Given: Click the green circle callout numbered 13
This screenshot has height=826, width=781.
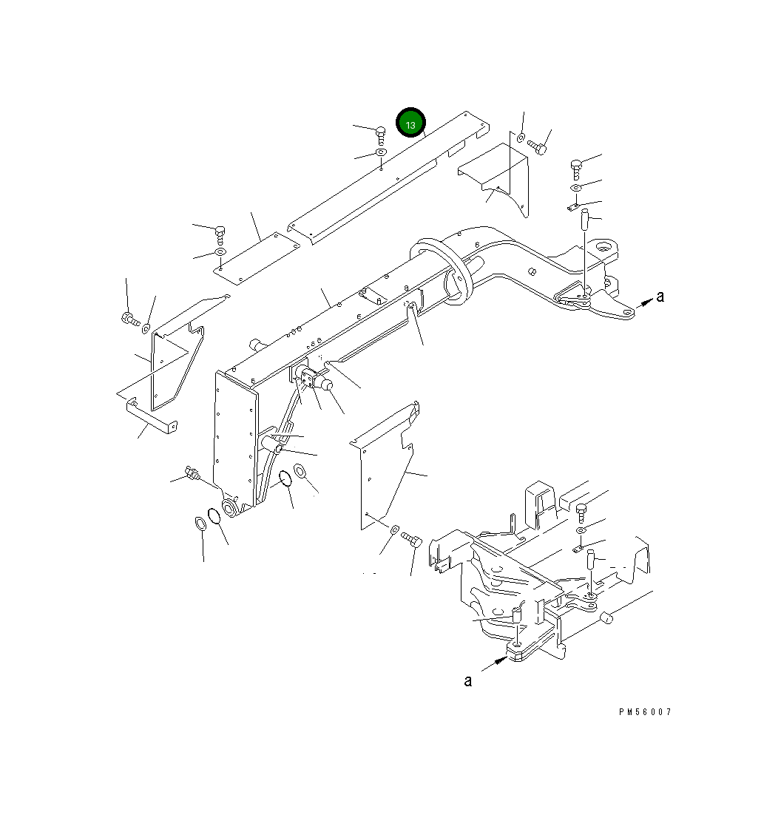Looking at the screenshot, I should pos(410,123).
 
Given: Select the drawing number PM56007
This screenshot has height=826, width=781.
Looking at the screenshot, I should pos(645,712).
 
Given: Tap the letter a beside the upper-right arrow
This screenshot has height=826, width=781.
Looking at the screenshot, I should pos(660,297).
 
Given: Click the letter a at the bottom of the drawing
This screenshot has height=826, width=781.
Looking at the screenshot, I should pos(467,680).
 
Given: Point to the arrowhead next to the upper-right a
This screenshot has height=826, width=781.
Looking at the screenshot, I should pos(646,301).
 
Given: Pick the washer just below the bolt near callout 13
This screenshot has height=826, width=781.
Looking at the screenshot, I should pos(381,152).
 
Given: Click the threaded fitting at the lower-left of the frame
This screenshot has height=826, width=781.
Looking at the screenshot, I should pos(192,473).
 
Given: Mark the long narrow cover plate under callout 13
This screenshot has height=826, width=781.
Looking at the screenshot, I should pos(385,177).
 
